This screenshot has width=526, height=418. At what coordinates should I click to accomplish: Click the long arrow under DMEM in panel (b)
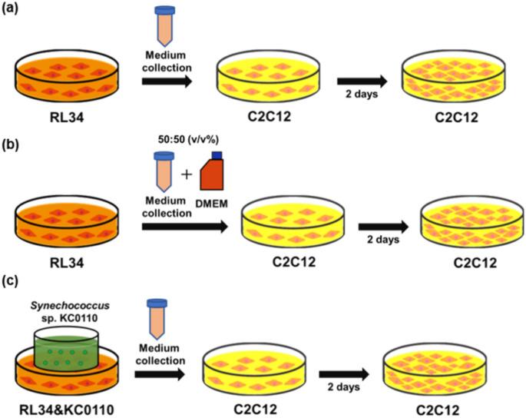click(185, 227)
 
